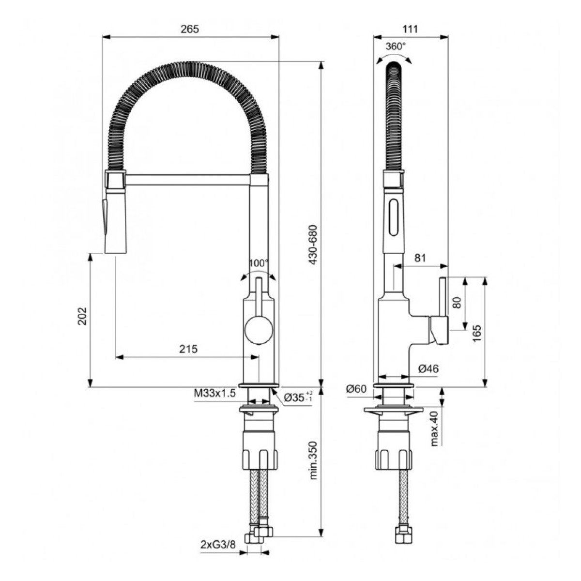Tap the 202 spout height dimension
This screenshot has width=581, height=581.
point(82,316)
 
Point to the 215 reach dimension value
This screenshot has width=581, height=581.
point(189,349)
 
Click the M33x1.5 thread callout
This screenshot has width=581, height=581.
point(214,394)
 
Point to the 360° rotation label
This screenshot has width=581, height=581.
point(396,46)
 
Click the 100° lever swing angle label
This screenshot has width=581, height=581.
point(259,263)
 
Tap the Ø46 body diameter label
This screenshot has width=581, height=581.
point(428,369)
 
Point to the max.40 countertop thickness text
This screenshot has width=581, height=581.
point(434,428)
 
